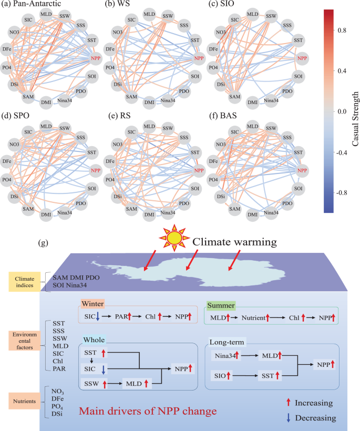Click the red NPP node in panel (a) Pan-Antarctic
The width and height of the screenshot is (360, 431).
(96, 58)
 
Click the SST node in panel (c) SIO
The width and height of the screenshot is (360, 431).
(299, 40)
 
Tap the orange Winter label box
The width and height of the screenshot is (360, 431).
(92, 304)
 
